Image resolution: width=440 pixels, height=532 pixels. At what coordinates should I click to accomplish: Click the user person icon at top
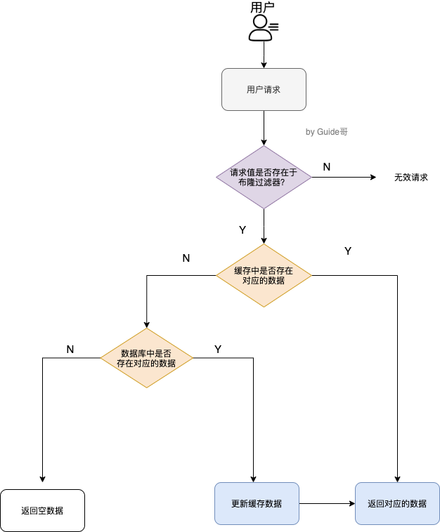261,28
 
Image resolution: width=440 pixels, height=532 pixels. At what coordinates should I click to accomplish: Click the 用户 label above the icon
262,8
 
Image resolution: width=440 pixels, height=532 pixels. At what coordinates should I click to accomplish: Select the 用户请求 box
264,89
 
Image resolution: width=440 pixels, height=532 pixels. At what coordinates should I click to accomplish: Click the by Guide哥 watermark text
327,131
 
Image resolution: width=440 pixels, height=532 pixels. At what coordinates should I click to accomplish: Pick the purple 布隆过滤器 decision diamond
264,177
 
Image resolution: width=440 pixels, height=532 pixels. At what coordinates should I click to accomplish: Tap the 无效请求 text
410,178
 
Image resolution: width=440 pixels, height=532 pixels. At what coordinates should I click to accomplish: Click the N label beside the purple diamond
327,166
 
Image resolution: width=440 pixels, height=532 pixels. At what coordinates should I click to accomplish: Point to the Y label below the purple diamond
242,230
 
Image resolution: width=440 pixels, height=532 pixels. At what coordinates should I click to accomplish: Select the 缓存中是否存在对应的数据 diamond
264,275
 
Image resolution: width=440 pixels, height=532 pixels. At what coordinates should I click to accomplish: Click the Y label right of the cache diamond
348,251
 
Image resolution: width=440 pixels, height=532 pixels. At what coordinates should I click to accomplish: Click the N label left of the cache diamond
186,258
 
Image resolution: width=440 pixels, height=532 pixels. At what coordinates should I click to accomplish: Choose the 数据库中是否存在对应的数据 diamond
146,358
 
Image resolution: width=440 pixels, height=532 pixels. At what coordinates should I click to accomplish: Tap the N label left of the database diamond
70,349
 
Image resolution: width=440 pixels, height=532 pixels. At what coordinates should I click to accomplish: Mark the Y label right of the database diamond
218,349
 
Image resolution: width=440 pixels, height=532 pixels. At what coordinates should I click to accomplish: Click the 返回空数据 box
42,510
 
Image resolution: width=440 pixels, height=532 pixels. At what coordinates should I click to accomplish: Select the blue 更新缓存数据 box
257,503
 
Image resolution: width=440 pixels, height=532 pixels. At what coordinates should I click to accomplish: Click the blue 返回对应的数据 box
397,503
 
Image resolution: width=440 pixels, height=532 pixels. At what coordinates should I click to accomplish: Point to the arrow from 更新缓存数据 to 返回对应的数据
327,503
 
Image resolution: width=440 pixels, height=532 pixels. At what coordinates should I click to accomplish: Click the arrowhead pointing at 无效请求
373,177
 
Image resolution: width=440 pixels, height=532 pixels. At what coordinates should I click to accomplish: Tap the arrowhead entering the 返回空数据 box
43,479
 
